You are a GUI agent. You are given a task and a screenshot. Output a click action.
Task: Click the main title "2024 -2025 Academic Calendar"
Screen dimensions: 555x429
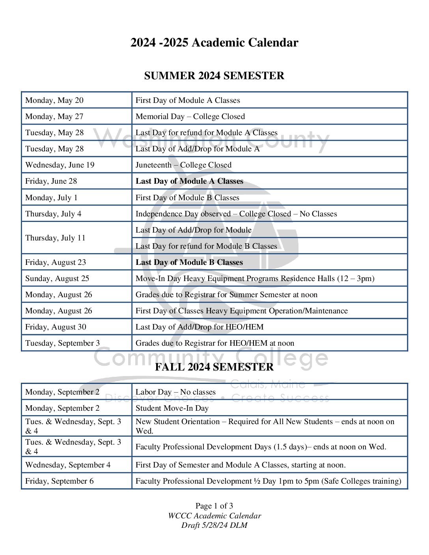pos(214,43)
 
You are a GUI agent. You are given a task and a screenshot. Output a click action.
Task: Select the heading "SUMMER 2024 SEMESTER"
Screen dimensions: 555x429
pos(214,76)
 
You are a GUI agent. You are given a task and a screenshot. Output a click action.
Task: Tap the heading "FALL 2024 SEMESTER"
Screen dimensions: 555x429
pos(214,367)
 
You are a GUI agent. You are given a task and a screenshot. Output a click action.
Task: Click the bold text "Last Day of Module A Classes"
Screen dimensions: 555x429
pos(189,181)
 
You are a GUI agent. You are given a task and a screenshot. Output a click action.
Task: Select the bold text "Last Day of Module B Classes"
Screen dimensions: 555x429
pos(189,263)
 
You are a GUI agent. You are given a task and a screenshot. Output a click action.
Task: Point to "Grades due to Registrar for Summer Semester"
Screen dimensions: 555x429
pos(226,295)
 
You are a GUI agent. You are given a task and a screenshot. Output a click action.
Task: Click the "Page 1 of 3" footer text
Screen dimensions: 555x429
pos(214,506)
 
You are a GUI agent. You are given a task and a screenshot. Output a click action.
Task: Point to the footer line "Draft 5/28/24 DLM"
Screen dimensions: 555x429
pos(214,525)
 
